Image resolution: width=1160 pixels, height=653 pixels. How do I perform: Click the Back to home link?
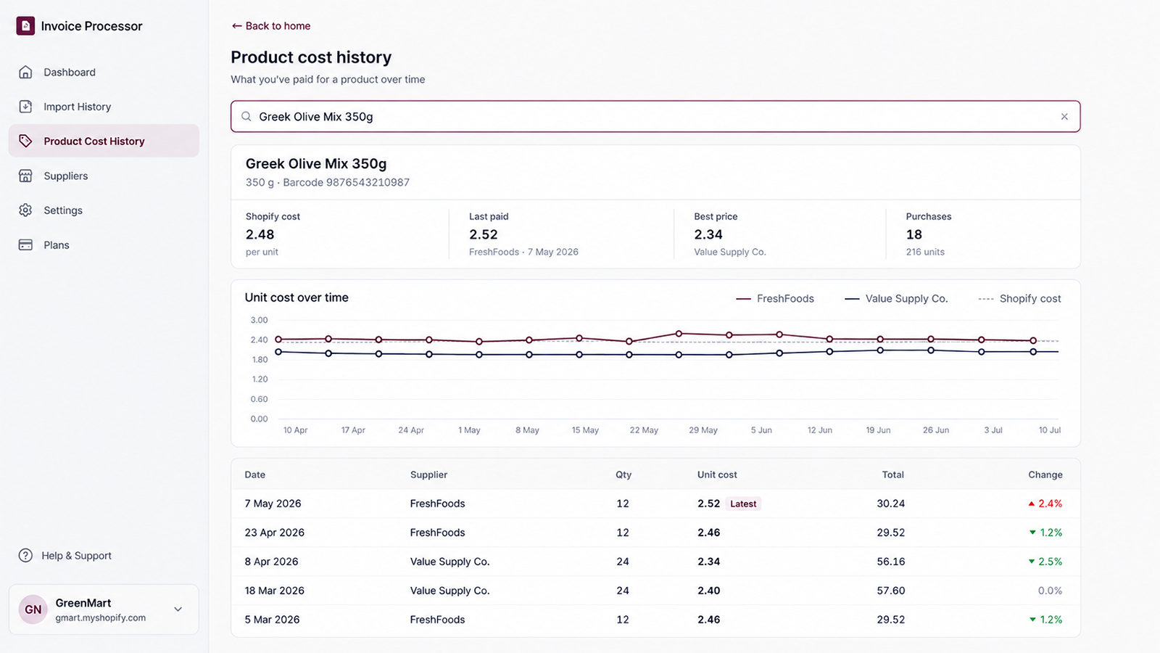pos(271,26)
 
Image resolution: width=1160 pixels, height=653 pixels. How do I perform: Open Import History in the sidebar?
pos(77,107)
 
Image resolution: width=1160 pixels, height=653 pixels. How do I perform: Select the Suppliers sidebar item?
pos(66,176)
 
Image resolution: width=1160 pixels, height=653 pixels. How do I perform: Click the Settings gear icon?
pos(25,210)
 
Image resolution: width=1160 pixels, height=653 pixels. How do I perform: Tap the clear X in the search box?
pos(1064,117)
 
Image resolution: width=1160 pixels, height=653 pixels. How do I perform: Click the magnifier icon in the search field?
pos(246,117)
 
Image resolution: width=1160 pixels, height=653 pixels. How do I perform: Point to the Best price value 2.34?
pos(708,234)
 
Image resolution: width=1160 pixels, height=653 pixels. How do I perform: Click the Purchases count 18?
pos(914,234)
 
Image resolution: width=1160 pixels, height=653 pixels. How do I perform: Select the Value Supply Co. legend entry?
pos(896,298)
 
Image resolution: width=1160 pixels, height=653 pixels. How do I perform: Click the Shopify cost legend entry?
pos(1019,298)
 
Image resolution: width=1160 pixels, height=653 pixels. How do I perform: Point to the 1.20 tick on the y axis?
pos(260,379)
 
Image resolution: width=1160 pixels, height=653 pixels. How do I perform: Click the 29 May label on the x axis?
pos(703,430)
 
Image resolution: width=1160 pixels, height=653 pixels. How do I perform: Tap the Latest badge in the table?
pos(743,504)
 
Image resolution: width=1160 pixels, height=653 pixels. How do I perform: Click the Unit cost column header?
pos(717,475)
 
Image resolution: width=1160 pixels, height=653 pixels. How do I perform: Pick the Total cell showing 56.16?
pos(891,562)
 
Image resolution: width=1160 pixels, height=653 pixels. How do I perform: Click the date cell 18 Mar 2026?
pos(275,591)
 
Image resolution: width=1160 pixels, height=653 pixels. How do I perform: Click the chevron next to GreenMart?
pos(178,609)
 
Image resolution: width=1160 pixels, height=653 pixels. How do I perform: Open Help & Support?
pos(76,556)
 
